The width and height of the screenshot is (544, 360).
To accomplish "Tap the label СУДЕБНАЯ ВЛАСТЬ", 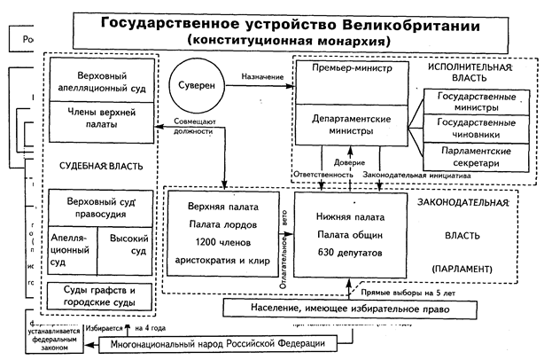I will tap(101, 166).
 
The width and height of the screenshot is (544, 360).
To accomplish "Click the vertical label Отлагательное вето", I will tap(284, 243).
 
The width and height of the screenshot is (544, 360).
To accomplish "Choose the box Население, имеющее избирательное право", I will tap(337, 308).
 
